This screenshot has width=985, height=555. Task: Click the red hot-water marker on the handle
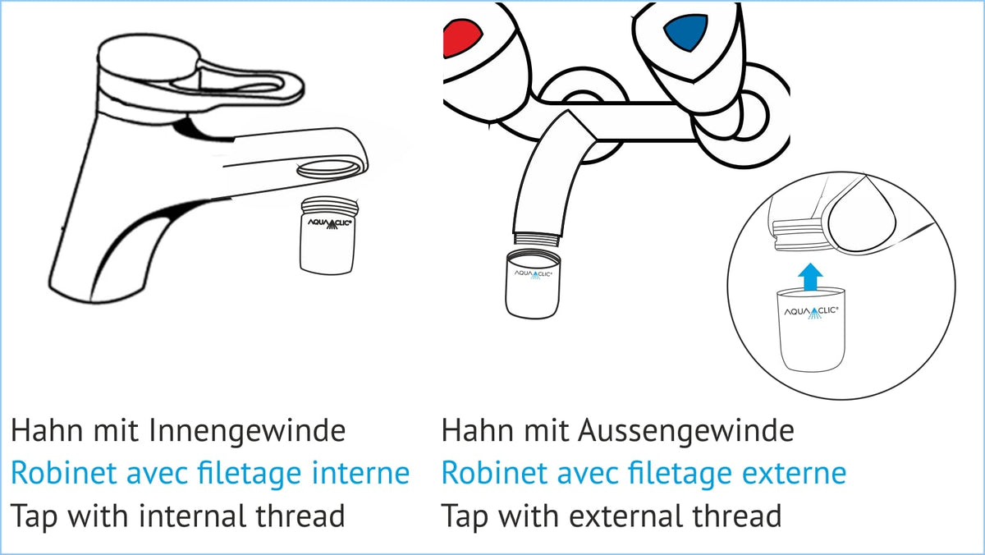point(461,38)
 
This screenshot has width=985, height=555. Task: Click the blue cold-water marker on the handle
point(687,32)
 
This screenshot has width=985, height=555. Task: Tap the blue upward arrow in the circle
point(810,277)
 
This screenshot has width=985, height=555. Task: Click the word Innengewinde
point(247,430)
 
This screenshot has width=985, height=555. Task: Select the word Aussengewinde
point(686,430)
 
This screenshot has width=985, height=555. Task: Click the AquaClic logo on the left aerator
point(329,224)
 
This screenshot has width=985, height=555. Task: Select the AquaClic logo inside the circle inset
point(811,312)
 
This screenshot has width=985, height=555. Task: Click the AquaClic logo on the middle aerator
point(533,274)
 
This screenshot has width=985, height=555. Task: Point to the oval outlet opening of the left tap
point(328,169)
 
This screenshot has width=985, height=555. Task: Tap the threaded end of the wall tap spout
point(538,239)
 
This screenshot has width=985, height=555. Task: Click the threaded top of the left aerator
point(328,206)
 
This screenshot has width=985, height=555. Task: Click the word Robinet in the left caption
point(64,473)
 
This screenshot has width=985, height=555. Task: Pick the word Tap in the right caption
point(466,516)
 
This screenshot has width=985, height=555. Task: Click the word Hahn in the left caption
point(47,430)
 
